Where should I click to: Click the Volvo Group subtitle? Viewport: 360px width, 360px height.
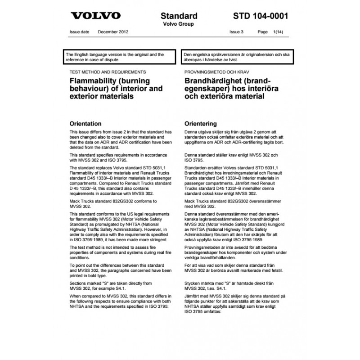pos(178,24)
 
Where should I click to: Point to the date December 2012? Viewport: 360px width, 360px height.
pos(111,32)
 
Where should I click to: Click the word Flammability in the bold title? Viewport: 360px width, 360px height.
pos(91,81)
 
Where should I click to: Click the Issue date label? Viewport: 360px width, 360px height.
pos(80,32)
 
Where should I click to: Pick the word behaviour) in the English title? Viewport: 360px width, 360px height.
pos(88,89)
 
